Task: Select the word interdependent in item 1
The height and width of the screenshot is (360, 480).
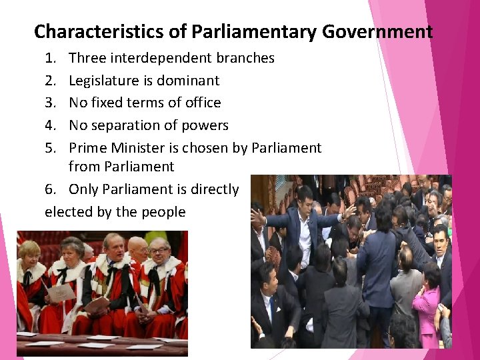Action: pyautogui.click(x=157, y=58)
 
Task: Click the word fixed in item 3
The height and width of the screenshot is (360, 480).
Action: pyautogui.click(x=108, y=103)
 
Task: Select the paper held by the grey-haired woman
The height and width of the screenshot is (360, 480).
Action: pyautogui.click(x=61, y=292)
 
